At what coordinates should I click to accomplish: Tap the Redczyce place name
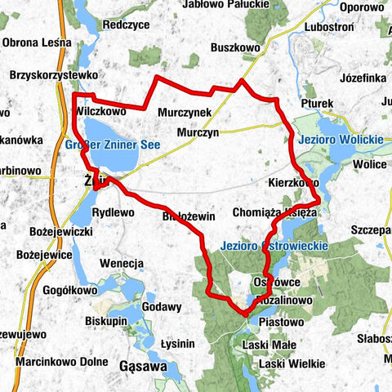point(126,25)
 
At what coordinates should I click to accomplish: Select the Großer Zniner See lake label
point(111,145)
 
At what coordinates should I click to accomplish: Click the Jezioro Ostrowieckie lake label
point(274,245)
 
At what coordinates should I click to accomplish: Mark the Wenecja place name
point(122,263)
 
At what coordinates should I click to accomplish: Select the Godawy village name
point(161,306)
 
